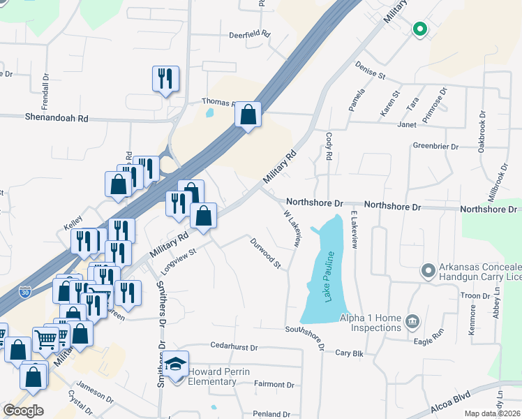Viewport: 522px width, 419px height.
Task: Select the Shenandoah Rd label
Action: pyautogui.click(x=58, y=118)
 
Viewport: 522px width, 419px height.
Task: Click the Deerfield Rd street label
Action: pyautogui.click(x=249, y=34)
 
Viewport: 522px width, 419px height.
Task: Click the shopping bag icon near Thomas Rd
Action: pyautogui.click(x=248, y=114)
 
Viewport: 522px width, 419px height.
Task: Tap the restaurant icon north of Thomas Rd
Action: pyautogui.click(x=165, y=78)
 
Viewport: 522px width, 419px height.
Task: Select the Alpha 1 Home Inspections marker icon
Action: pyautogui.click(x=412, y=321)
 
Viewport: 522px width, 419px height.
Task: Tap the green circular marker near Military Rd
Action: pyautogui.click(x=419, y=29)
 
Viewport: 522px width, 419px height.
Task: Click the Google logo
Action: pyautogui.click(x=23, y=411)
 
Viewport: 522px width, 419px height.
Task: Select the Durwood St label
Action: pyautogui.click(x=265, y=253)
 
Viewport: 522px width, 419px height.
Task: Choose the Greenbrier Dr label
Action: pyautogui.click(x=435, y=147)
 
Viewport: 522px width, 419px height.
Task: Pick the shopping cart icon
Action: pyautogui.click(x=45, y=339)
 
